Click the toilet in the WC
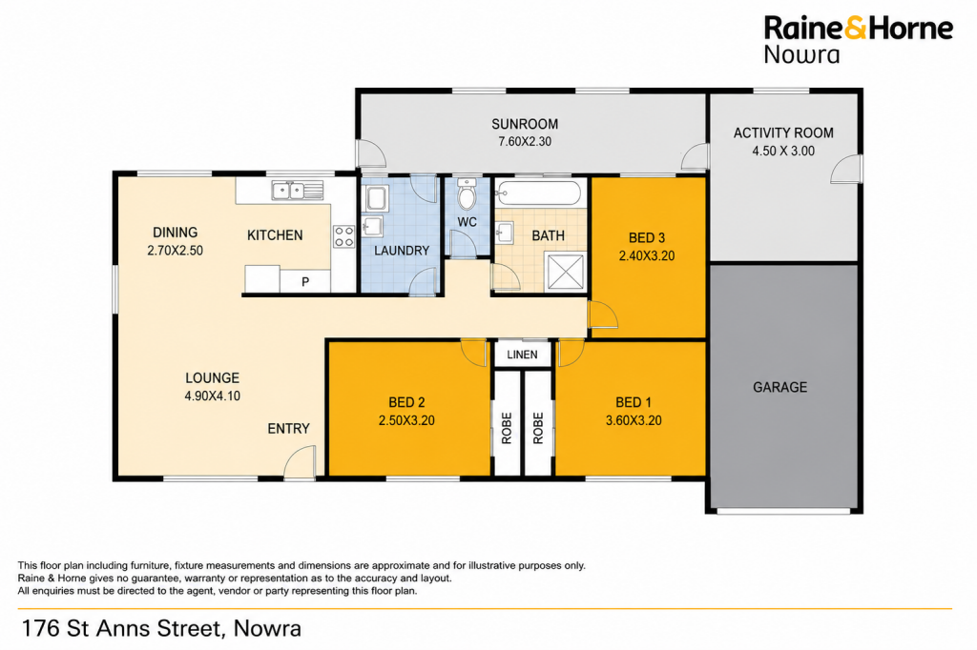467,193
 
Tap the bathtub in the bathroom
539,193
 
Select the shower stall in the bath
566,271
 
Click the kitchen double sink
298,190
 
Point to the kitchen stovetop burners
343,236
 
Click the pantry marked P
304,281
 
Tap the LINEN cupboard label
522,355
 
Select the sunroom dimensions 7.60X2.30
525,141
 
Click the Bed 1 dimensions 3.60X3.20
634,420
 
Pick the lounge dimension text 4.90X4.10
213,396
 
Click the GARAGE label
780,387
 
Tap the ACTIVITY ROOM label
783,132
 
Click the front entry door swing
300,465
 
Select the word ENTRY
288,428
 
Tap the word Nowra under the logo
801,54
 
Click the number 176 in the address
41,628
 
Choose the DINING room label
176,233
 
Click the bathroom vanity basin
504,234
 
